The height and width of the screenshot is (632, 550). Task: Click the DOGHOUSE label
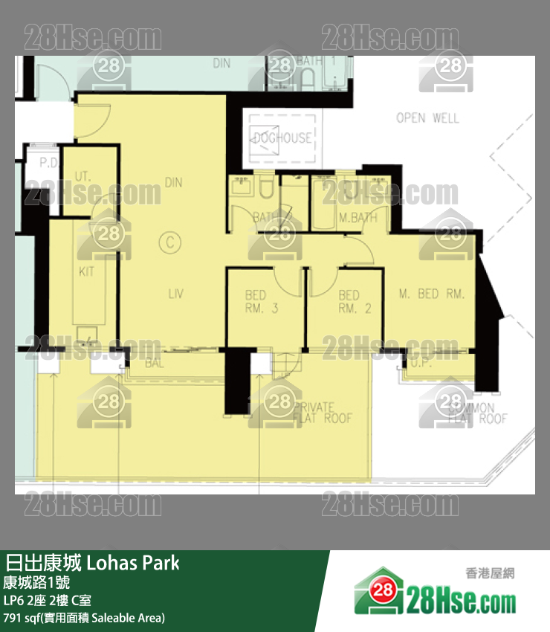point(282,138)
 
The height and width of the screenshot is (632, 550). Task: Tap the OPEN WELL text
point(427,117)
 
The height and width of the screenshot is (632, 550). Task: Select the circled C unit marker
point(170,241)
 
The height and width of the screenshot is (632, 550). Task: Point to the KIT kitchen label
point(87,271)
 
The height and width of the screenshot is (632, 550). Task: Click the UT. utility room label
point(82,178)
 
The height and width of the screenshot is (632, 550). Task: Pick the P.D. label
point(49,162)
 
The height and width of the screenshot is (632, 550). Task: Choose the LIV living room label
point(175,294)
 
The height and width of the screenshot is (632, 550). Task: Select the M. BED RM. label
point(432,294)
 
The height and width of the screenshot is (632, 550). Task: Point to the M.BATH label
point(358,218)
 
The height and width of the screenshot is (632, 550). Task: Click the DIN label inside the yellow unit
point(174,182)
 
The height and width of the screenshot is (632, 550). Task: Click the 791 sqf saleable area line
point(84,617)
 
